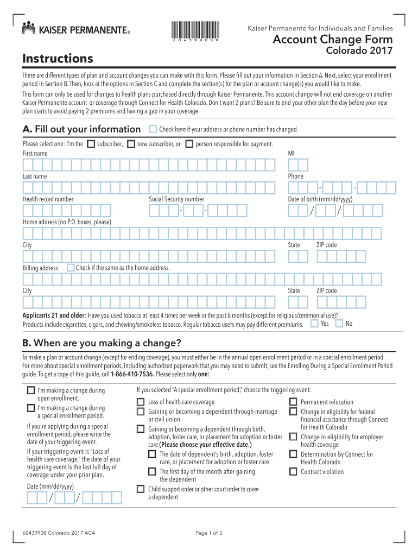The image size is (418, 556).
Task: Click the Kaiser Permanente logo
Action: (76, 28)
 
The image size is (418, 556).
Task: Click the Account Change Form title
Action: (332, 40)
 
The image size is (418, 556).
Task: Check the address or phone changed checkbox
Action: (153, 129)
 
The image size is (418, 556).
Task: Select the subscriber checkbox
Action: (91, 144)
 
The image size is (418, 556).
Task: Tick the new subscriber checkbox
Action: (132, 144)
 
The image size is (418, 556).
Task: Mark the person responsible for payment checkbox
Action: (189, 144)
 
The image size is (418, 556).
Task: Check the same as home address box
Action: (71, 268)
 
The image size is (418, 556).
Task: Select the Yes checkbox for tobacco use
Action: (314, 324)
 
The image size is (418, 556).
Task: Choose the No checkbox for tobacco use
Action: (339, 324)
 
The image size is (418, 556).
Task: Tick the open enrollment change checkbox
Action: (31, 390)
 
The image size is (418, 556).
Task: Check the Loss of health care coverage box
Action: (141, 402)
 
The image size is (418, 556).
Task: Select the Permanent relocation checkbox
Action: (293, 402)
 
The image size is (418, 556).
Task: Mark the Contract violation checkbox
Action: (293, 472)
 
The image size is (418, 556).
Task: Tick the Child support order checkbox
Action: (141, 489)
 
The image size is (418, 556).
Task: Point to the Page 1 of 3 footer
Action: (209, 533)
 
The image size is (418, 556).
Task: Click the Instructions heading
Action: (58, 58)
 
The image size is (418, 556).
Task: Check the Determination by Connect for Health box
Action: (293, 454)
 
